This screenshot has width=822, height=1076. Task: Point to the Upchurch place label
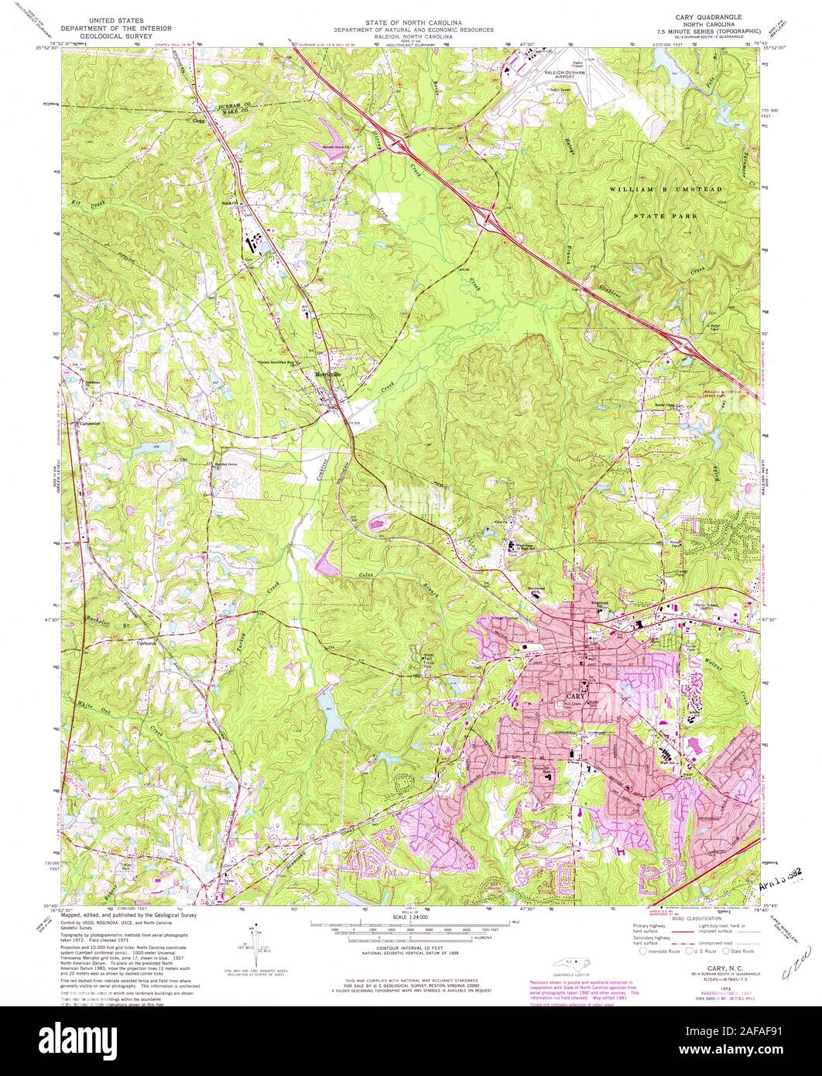[147, 643]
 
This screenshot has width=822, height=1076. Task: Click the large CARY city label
[574, 696]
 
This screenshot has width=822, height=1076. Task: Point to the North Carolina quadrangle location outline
[574, 964]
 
